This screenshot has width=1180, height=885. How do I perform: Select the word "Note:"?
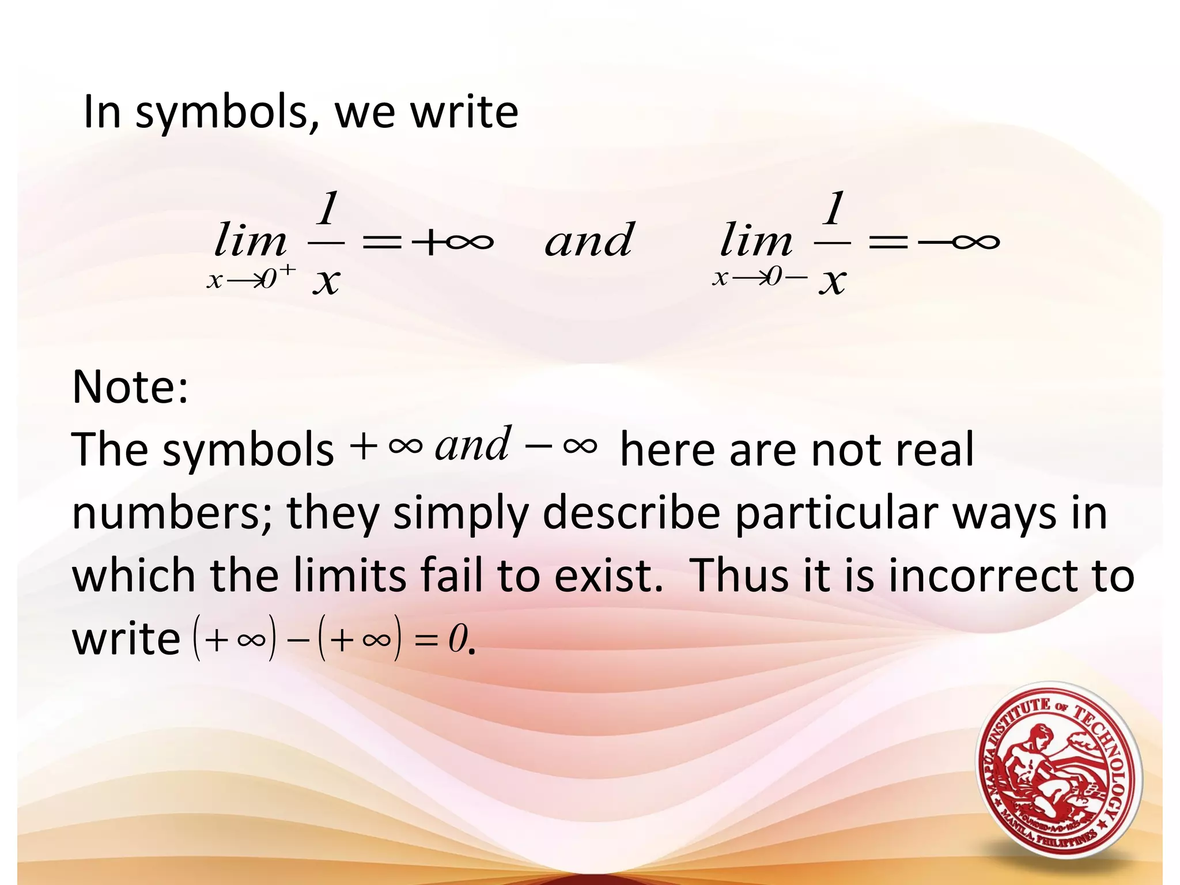click(x=131, y=387)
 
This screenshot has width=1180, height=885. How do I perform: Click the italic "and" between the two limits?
click(x=589, y=240)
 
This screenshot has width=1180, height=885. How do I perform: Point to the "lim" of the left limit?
click(x=250, y=241)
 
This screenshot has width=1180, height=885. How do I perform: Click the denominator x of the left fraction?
click(x=326, y=282)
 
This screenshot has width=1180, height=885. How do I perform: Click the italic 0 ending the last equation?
click(x=457, y=640)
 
